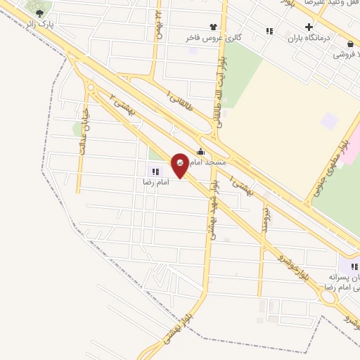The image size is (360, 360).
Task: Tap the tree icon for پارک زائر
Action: click(x=39, y=13)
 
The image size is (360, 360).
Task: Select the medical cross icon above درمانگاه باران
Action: click(x=308, y=27)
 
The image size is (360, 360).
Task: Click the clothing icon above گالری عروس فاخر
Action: click(x=214, y=26)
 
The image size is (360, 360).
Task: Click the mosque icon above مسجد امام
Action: click(x=201, y=151)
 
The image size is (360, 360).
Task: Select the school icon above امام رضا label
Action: click(x=154, y=169)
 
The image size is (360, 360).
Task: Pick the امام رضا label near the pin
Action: click(x=150, y=181)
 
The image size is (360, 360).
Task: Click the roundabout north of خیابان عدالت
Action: click(x=91, y=87)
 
